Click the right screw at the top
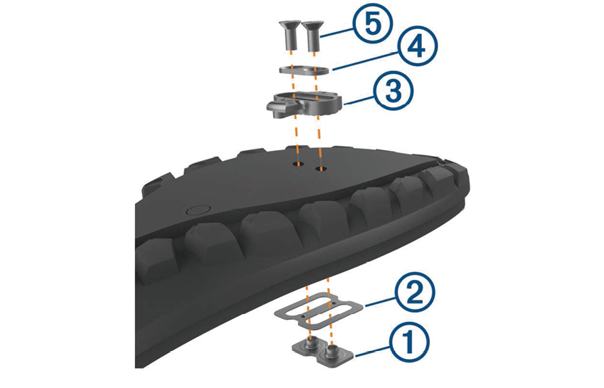pyautogui.click(x=312, y=36)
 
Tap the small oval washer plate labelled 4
pyautogui.click(x=304, y=70)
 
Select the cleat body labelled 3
pyautogui.click(x=305, y=102)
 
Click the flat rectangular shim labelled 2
pyautogui.click(x=319, y=310)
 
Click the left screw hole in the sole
pyautogui.click(x=298, y=164)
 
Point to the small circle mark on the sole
pyautogui.click(x=198, y=210)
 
